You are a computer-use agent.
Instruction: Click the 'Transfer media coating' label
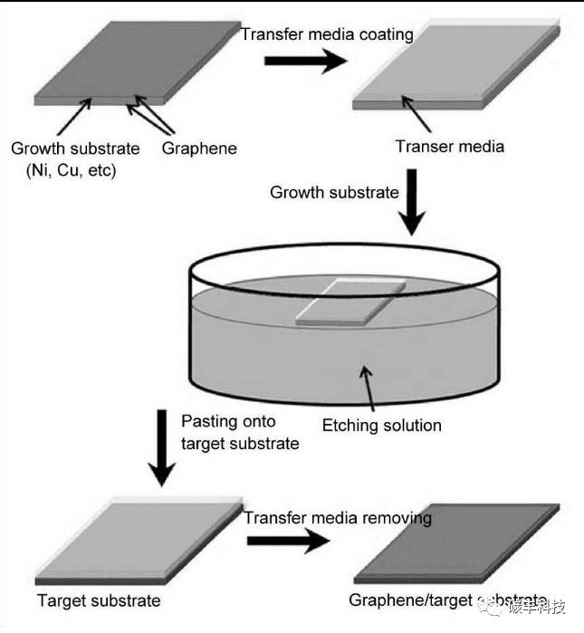click(x=327, y=35)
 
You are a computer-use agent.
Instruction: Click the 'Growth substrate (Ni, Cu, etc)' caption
click(x=75, y=158)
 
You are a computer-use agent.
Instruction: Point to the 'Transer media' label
click(x=449, y=147)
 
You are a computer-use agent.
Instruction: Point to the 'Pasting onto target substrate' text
click(x=240, y=432)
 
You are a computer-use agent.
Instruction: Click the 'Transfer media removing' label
click(x=338, y=518)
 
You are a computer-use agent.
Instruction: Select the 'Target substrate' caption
click(x=99, y=600)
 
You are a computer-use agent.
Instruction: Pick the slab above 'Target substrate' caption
click(x=136, y=538)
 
